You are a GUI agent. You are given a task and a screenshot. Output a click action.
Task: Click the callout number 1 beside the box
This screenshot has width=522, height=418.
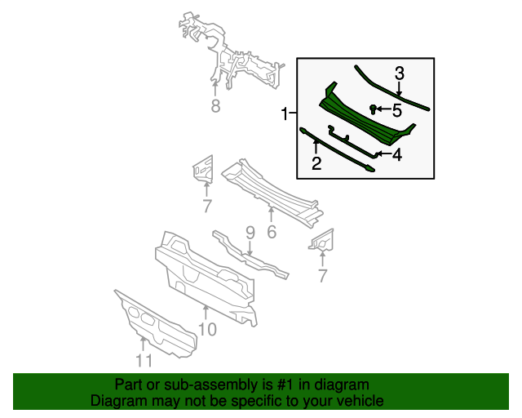(284, 114)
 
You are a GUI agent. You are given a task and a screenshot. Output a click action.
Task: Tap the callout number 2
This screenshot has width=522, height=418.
(316, 163)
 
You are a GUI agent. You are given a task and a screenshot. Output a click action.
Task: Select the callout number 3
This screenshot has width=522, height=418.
(400, 73)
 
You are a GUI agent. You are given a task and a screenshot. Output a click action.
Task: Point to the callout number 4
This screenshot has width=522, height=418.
(397, 155)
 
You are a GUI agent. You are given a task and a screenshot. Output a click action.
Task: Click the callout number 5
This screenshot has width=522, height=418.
(397, 110)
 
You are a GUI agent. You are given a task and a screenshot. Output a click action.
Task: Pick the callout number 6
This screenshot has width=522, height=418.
(272, 232)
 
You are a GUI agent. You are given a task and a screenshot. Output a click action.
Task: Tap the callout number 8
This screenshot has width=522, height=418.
(215, 105)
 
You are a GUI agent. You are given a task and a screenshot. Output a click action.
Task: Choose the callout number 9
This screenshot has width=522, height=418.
(250, 233)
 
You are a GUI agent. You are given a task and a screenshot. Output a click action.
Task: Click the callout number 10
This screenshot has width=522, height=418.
(207, 329)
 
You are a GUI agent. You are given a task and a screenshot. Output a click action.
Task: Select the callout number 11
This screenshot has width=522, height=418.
(144, 360)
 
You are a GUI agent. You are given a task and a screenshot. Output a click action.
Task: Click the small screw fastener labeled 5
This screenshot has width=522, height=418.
(374, 109)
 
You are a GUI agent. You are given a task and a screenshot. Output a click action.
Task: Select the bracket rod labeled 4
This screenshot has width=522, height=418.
(353, 142)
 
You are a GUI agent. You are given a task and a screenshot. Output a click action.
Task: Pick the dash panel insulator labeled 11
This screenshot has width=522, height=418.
(156, 324)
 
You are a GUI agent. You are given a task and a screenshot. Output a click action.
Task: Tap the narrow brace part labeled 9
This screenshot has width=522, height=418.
(250, 255)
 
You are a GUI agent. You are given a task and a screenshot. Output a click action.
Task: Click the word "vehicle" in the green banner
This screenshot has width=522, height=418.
(360, 400)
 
